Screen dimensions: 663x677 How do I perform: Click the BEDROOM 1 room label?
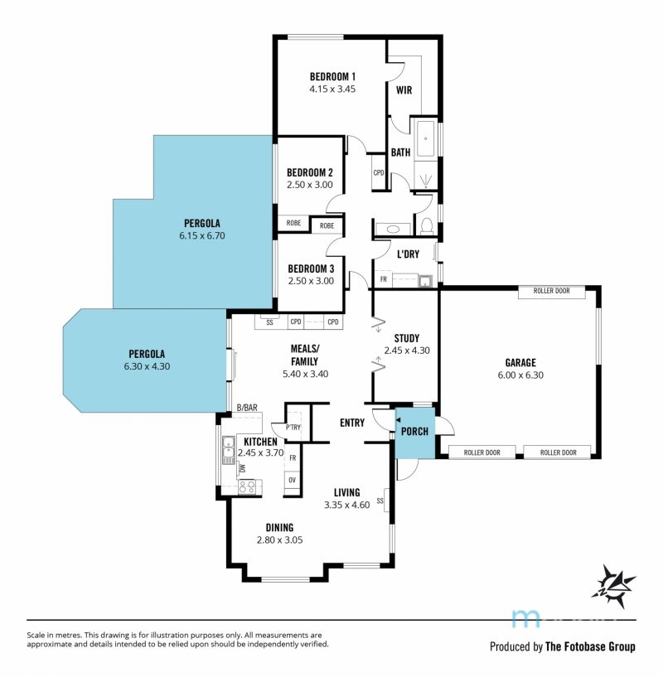332,77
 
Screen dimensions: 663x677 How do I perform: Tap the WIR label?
404,90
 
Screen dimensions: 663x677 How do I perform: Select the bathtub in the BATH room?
426,139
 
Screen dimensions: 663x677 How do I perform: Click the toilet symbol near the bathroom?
426,225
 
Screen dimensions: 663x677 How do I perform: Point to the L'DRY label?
409,254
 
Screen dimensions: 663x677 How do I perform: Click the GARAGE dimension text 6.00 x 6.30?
520,375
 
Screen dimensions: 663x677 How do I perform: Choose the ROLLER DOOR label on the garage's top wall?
552,291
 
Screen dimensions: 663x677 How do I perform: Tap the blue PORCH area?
414,433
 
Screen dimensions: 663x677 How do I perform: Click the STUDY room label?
406,338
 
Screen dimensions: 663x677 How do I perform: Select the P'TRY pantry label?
293,428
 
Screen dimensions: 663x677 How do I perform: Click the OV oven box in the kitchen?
293,480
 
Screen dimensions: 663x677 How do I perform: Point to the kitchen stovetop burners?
248,486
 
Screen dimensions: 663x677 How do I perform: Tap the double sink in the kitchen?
229,450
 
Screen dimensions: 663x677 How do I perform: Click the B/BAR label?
247,408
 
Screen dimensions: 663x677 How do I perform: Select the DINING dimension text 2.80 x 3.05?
279,539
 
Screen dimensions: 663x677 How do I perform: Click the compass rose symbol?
613,587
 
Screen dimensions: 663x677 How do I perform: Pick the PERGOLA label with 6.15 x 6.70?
202,223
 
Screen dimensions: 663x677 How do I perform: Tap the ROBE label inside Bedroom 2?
293,223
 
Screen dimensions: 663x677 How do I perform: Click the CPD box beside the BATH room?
379,172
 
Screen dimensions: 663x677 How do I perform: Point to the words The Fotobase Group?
590,646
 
